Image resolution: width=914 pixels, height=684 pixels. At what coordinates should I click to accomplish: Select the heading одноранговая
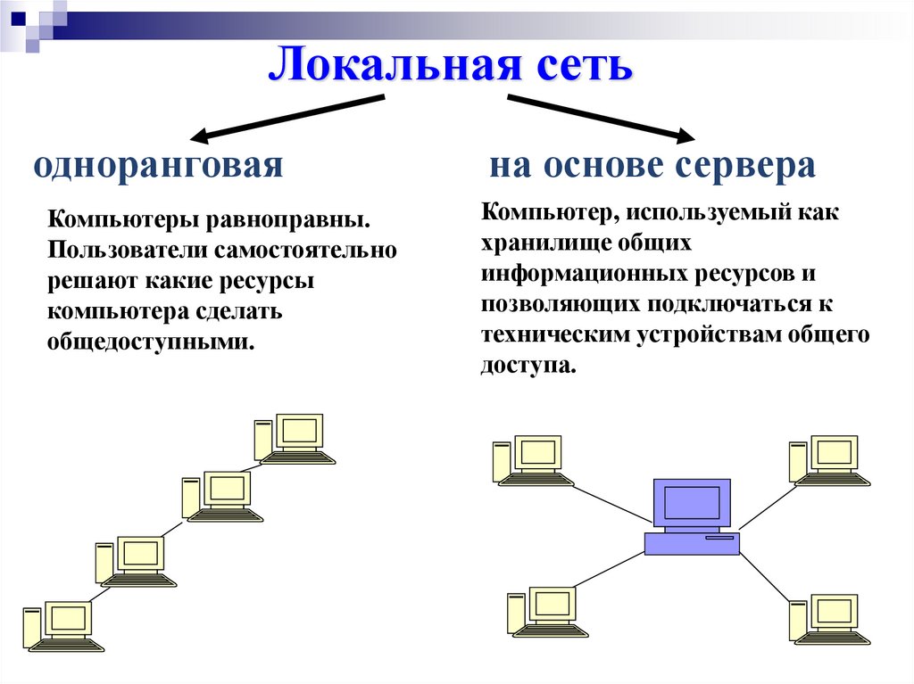click(158, 167)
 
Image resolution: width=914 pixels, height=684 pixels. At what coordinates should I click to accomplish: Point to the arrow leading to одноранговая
click(286, 118)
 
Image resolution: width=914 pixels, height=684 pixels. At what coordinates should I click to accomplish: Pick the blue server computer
click(692, 517)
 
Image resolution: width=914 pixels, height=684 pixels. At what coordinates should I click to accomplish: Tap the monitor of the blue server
click(692, 503)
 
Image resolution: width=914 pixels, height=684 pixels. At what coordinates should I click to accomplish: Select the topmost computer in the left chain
click(295, 439)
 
